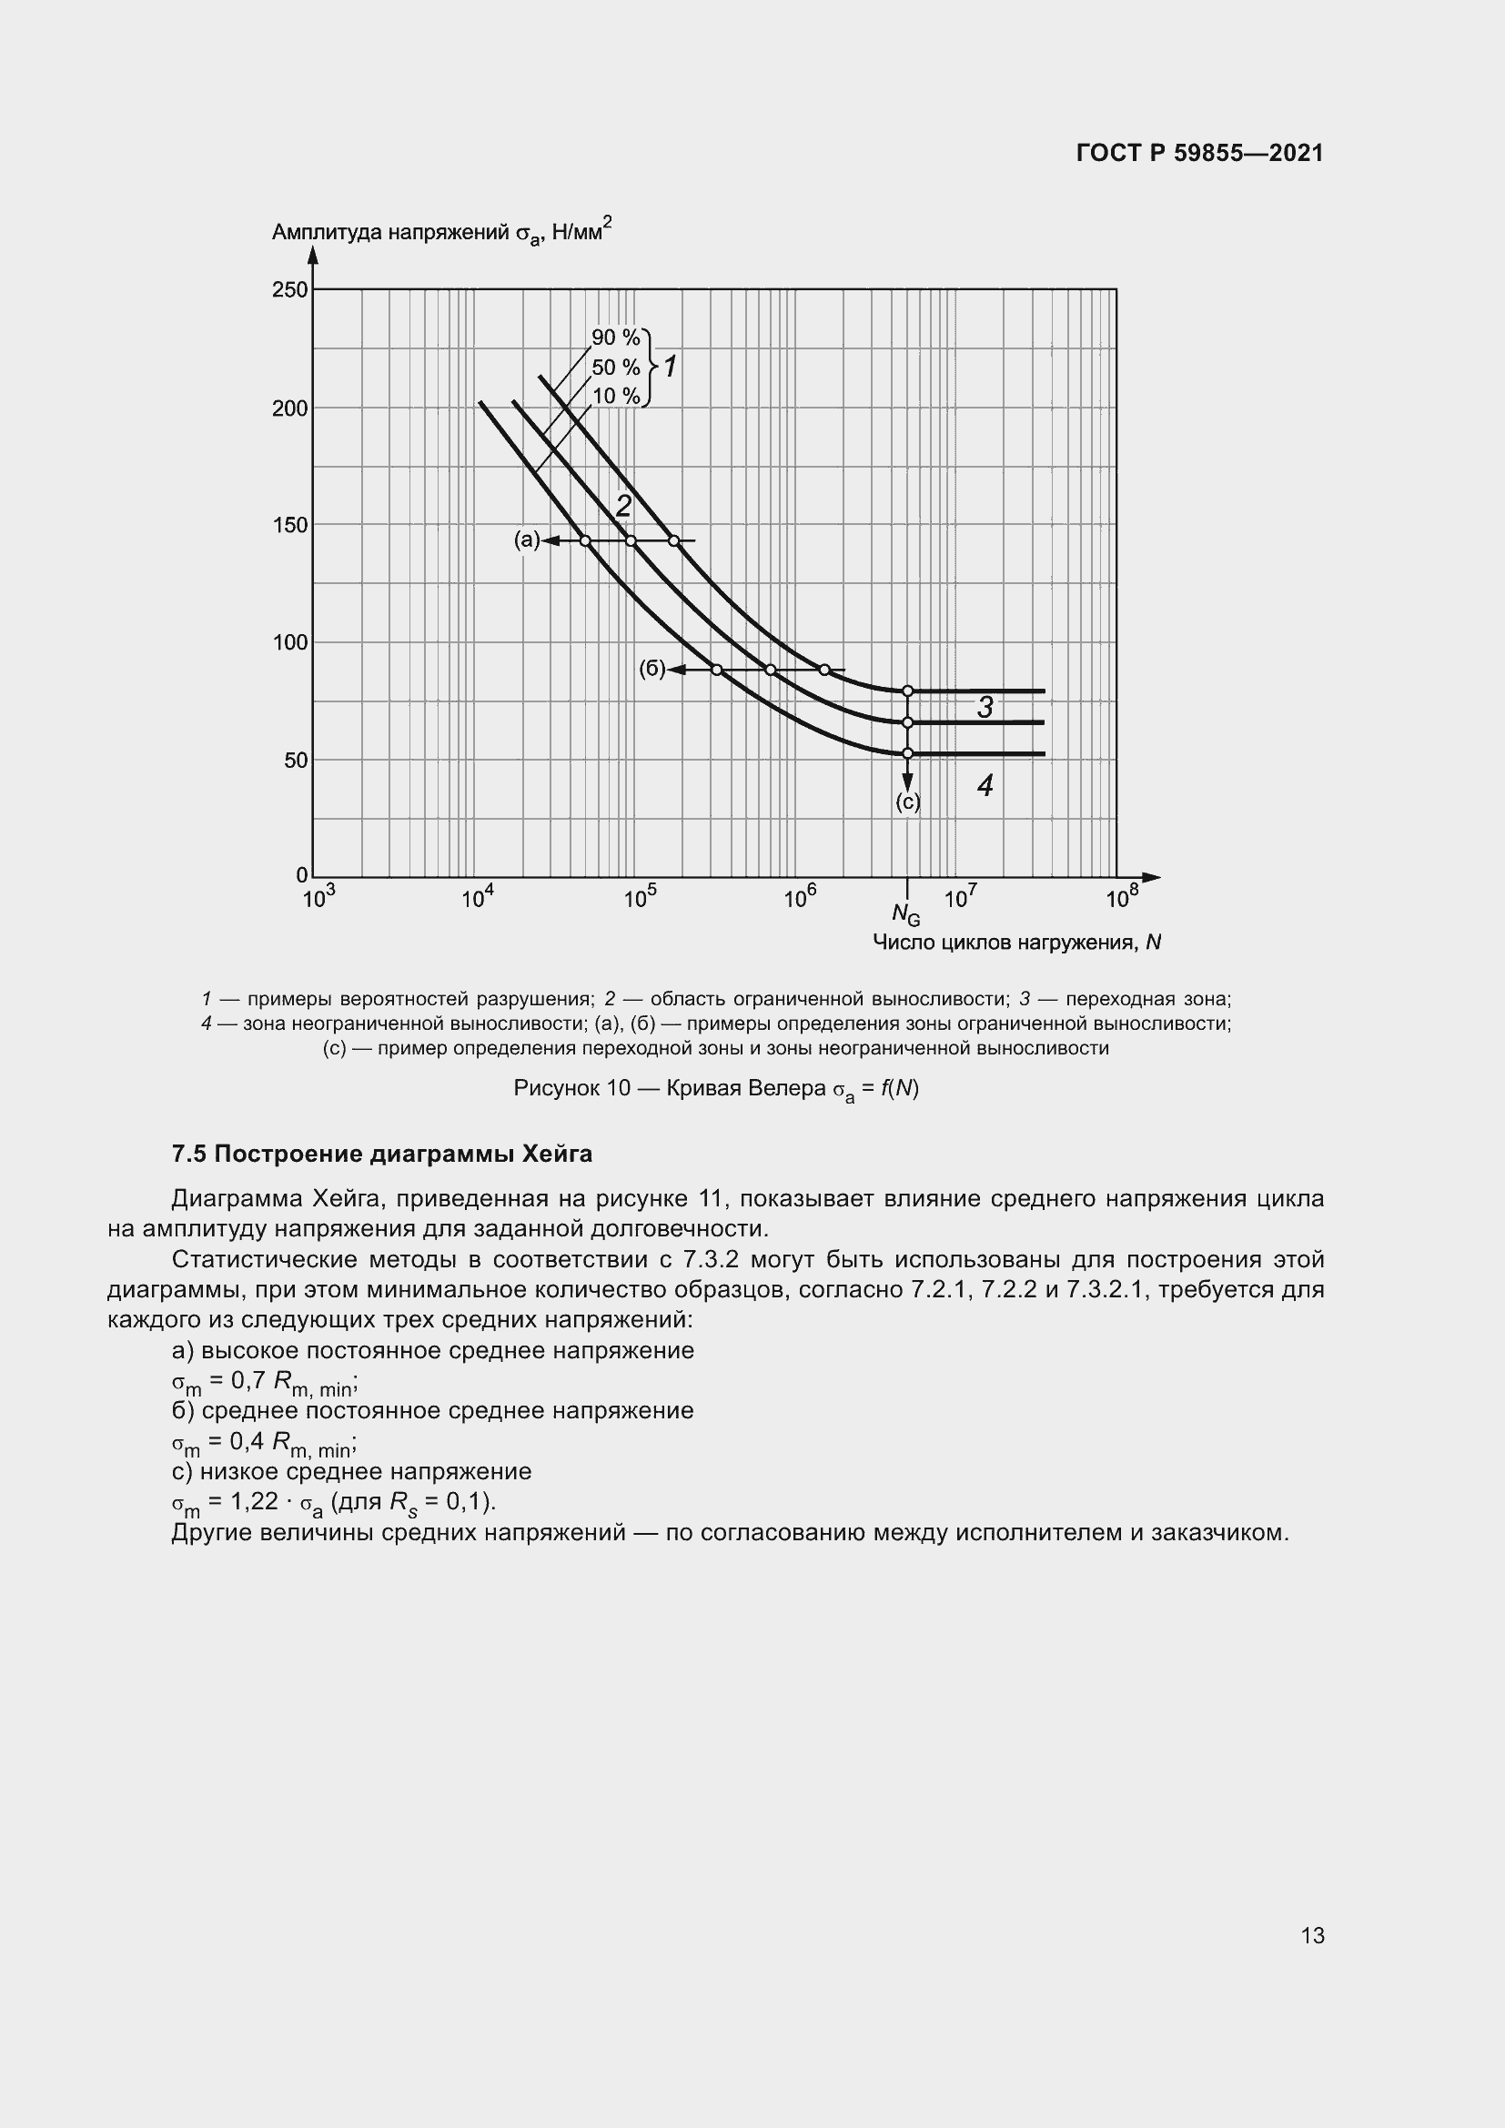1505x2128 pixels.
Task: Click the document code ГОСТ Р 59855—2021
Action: (1199, 153)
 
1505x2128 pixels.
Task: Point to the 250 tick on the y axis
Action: (290, 290)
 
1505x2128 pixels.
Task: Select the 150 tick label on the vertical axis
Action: (290, 526)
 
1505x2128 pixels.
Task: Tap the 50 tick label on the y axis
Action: (296, 760)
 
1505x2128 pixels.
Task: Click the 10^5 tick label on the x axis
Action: (639, 897)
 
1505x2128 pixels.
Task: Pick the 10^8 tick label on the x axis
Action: (1121, 897)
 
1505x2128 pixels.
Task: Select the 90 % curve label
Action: (615, 338)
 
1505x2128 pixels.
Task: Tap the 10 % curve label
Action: (615, 397)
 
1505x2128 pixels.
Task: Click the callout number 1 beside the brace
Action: (670, 367)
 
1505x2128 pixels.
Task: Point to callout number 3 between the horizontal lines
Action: (985, 707)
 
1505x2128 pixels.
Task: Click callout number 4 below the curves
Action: (985, 786)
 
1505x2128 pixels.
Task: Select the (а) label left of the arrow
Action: (526, 540)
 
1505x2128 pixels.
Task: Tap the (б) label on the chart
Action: (651, 669)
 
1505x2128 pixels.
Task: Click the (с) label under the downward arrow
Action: (907, 802)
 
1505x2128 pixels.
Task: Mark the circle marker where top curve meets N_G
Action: (907, 691)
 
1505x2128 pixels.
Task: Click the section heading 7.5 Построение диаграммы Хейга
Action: (382, 1154)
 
